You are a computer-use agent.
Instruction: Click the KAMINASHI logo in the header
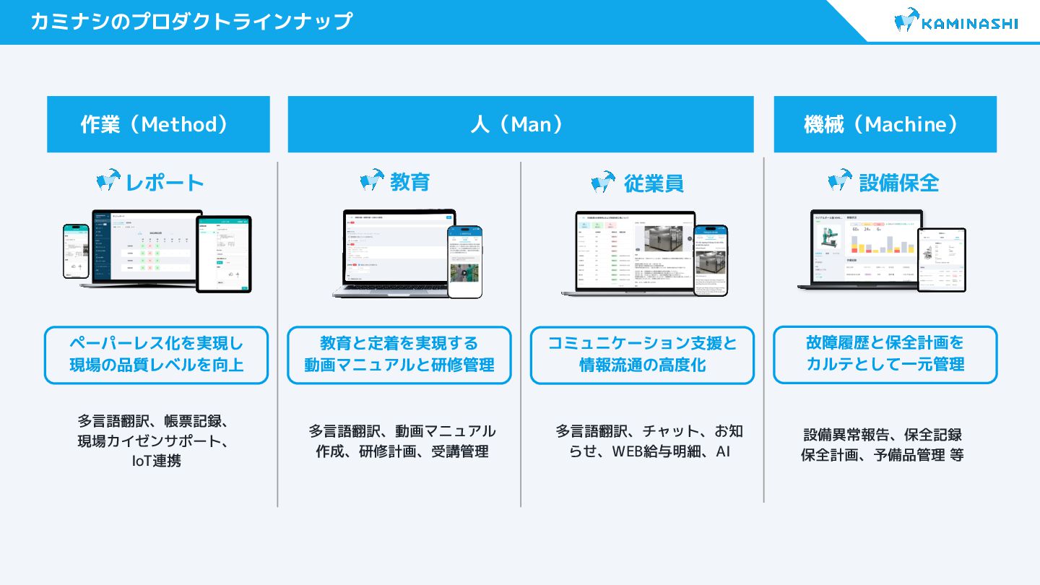pos(955,22)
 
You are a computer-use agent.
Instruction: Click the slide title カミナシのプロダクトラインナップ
pos(191,22)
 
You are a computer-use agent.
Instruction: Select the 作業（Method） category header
pos(158,124)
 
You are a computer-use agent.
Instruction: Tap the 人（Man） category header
pos(520,124)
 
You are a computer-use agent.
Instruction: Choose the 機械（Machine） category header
pos(885,124)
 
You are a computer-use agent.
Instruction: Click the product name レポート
pos(165,183)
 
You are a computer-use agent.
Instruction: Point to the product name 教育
pos(410,182)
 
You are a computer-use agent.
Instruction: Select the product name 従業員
pos(653,183)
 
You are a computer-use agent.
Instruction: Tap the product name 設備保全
pos(898,183)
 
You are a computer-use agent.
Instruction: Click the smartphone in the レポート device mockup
pos(76,251)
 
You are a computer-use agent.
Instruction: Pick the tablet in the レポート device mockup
pos(224,253)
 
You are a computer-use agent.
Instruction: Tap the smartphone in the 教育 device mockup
pos(464,261)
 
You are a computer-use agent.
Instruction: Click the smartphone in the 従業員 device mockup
pos(711,260)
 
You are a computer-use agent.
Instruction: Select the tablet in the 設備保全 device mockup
pos(941,259)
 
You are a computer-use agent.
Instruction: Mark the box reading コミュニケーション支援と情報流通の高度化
pos(642,355)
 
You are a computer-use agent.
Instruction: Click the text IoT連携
pos(156,460)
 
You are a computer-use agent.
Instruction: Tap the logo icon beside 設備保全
pos(840,181)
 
